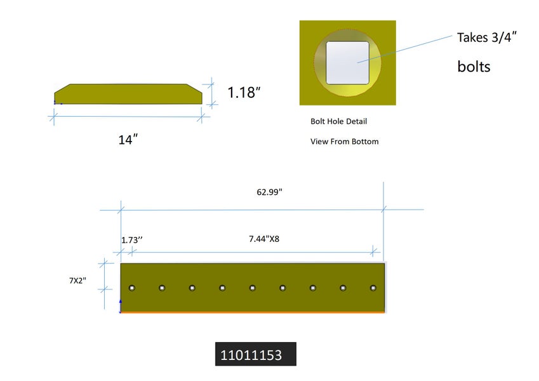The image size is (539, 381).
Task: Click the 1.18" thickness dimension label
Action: click(244, 92)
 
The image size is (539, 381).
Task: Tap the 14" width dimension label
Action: click(128, 140)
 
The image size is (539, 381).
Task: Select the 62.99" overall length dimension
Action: click(269, 192)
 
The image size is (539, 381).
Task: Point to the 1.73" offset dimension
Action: click(131, 239)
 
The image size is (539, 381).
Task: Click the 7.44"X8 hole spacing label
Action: click(264, 239)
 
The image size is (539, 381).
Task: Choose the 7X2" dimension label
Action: click(77, 281)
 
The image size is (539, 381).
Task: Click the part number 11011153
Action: click(251, 355)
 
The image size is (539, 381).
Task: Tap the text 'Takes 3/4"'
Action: click(487, 37)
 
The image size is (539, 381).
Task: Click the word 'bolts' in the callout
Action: click(474, 67)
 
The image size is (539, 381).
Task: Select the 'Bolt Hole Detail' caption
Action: click(338, 121)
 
